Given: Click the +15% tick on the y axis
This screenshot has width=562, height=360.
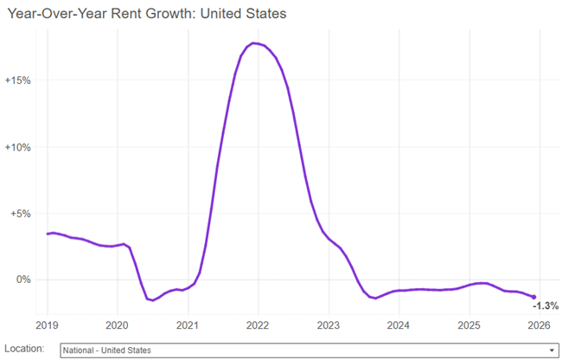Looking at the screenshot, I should [x=18, y=80].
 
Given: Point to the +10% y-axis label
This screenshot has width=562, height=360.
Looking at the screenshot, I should [x=18, y=147].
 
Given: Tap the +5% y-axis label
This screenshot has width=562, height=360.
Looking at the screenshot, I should [x=20, y=214].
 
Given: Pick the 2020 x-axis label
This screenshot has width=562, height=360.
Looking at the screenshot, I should [x=117, y=325].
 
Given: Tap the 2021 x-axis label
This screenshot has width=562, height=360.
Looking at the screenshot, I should [x=188, y=325].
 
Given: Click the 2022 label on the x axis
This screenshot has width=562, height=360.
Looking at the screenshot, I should [x=258, y=325].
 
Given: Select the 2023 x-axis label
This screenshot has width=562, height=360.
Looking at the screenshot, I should [x=329, y=325].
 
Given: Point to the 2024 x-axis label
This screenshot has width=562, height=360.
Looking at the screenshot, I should [x=399, y=325].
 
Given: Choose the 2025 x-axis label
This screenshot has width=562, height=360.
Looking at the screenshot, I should [x=469, y=325].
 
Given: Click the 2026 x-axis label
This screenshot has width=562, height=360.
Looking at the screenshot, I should [x=539, y=325].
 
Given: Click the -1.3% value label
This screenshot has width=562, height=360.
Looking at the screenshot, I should [x=546, y=305].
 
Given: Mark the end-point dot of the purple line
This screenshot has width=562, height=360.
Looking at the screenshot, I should [x=533, y=297].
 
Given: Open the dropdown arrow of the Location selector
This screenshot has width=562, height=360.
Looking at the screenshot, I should [x=552, y=350].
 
